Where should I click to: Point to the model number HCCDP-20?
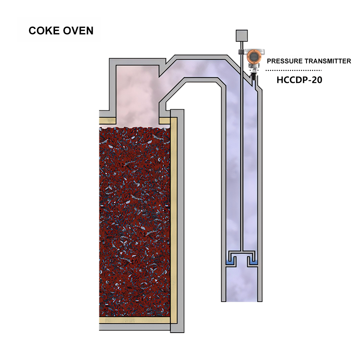click(x=299, y=80)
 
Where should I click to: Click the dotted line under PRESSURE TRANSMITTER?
click(x=294, y=70)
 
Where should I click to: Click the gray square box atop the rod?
click(x=241, y=35)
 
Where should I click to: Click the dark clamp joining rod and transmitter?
click(x=241, y=52)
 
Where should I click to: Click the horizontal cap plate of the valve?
click(x=241, y=252)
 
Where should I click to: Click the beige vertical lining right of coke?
click(x=173, y=217)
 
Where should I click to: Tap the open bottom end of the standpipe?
click(x=241, y=299)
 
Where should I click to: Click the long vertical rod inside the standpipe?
click(x=241, y=163)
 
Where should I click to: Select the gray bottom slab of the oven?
click(x=136, y=328)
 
